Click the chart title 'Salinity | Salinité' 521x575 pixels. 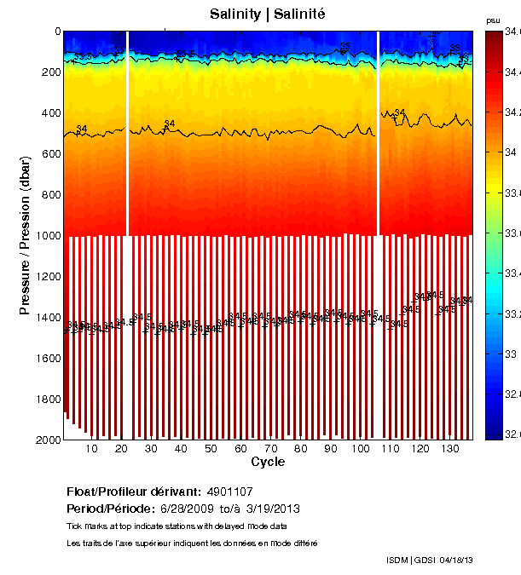267,14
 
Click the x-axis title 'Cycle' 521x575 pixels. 267,462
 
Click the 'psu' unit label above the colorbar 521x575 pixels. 492,20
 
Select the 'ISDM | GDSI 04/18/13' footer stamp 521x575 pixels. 429,560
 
